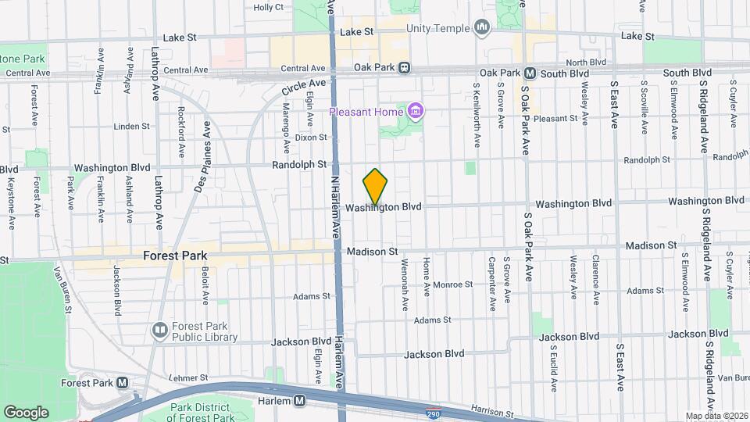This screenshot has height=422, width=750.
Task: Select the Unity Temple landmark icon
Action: click(481, 29)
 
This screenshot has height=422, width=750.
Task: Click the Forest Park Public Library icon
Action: click(159, 331)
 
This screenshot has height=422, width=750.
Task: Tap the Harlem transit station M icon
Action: click(299, 401)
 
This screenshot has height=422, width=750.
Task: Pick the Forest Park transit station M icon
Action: click(122, 383)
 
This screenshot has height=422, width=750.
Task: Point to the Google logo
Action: click(26, 412)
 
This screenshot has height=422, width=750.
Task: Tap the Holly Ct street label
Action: click(268, 7)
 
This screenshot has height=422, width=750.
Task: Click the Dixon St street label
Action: click(311, 137)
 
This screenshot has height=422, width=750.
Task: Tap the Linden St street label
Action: click(131, 126)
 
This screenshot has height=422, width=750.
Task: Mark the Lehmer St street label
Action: click(187, 377)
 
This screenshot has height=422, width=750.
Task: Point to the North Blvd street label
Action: click(586, 63)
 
